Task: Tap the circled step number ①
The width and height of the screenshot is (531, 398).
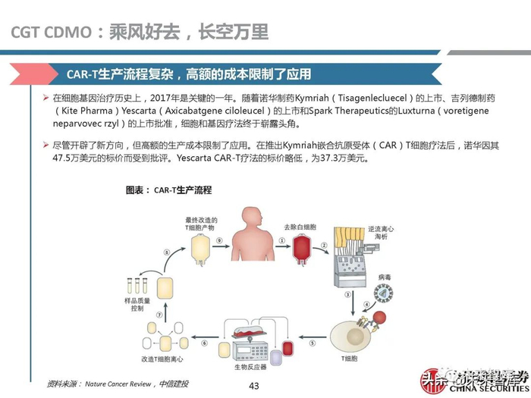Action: pyautogui.click(x=282, y=242)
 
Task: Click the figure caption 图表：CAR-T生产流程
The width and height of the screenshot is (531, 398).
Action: pyautogui.click(x=168, y=190)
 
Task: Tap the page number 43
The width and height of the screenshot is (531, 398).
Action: pyautogui.click(x=254, y=387)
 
